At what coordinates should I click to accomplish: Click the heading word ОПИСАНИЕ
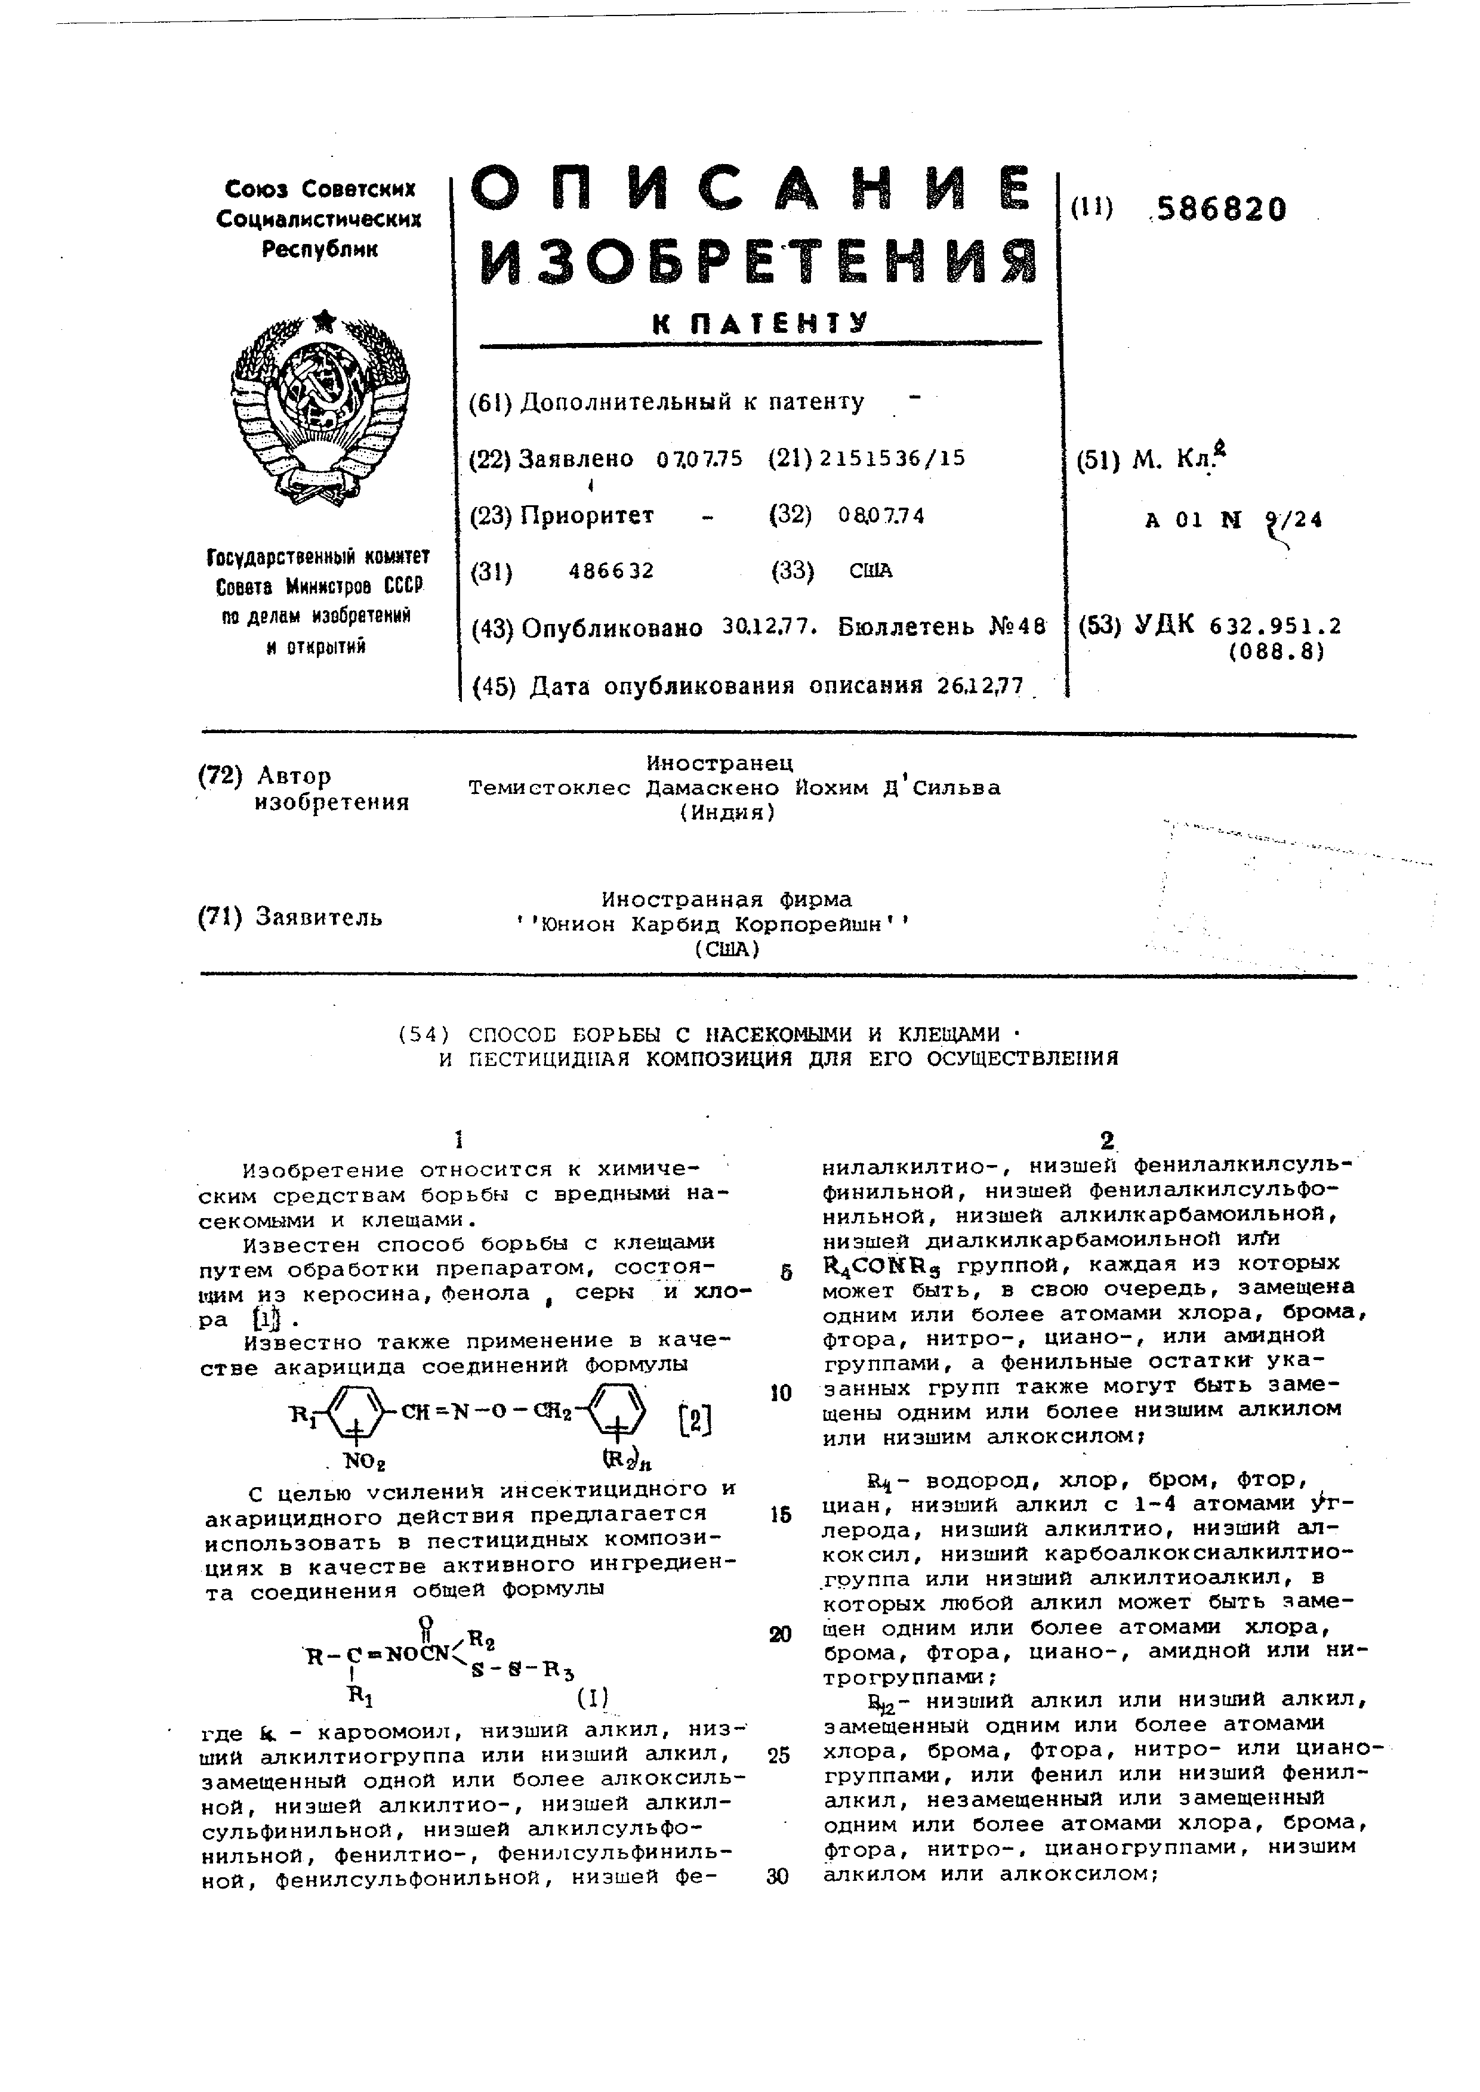click(x=754, y=193)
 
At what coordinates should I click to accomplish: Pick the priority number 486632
click(x=612, y=571)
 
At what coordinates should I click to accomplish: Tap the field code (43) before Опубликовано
click(x=492, y=629)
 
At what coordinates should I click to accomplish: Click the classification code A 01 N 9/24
click(x=1234, y=520)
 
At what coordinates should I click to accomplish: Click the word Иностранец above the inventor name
click(x=720, y=762)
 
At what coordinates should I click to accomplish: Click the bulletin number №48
click(x=1016, y=628)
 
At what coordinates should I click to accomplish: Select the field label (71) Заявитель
click(x=290, y=917)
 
